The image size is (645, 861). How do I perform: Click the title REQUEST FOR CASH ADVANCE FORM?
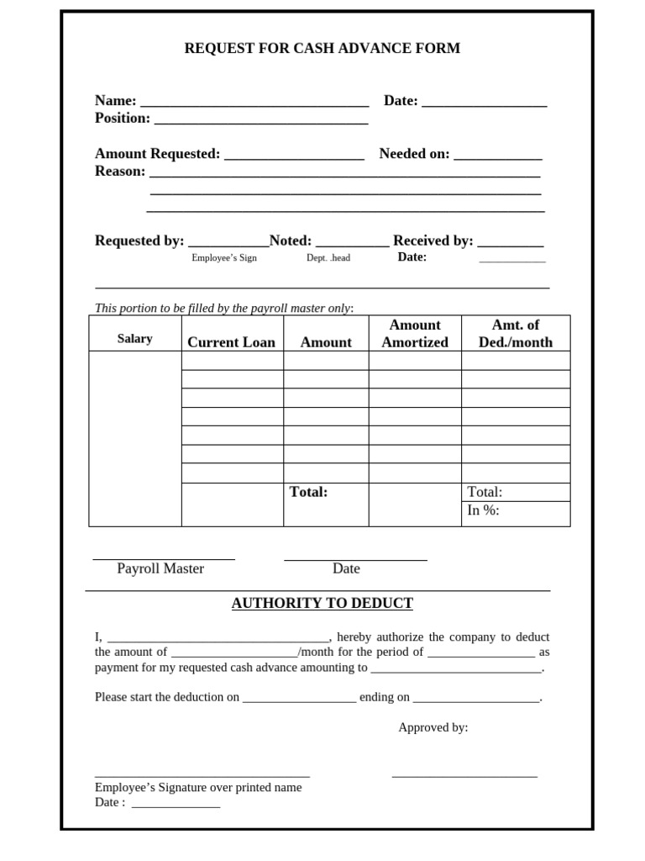322,49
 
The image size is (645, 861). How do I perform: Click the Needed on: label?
414,154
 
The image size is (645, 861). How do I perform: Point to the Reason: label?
120,172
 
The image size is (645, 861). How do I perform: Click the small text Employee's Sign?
223,258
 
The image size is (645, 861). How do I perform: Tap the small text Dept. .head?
328,258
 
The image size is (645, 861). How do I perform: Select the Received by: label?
433,240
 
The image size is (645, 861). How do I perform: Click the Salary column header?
134,339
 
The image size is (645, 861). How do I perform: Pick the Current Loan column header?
231,342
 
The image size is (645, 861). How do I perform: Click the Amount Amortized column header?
415,334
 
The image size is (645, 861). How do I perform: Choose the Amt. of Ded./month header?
516,334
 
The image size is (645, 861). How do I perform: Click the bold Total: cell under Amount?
308,492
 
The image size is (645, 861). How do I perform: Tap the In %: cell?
483,510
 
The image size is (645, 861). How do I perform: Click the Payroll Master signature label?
160,568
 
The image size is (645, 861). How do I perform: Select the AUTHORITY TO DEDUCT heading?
322,604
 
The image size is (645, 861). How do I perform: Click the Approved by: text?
433,727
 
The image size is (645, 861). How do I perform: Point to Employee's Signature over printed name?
198,788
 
